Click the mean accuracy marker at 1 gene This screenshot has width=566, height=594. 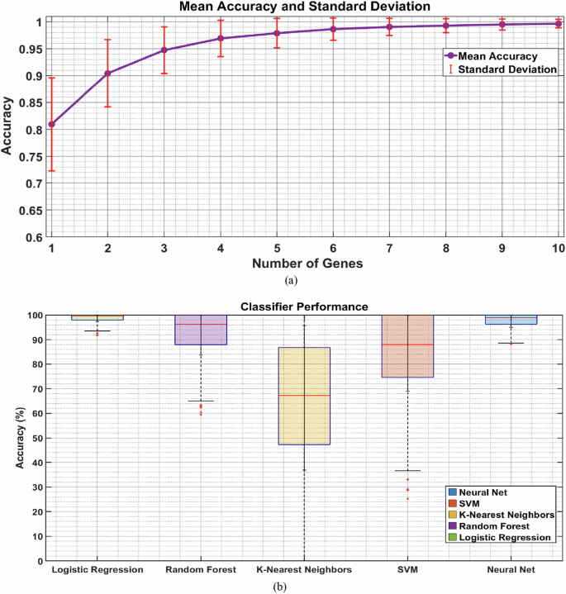point(51,124)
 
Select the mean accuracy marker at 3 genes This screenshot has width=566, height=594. point(164,50)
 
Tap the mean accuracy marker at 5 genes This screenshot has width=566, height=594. point(277,33)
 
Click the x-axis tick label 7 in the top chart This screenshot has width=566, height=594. point(389,248)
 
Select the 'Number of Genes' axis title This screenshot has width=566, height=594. point(304,264)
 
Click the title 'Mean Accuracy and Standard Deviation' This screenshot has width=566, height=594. point(305,7)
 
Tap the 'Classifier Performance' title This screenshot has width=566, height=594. point(304,307)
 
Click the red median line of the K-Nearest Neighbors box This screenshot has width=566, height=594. point(304,395)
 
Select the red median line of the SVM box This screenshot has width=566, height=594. point(407,344)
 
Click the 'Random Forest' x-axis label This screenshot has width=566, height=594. point(201,570)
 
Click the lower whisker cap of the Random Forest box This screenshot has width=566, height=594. point(201,401)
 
